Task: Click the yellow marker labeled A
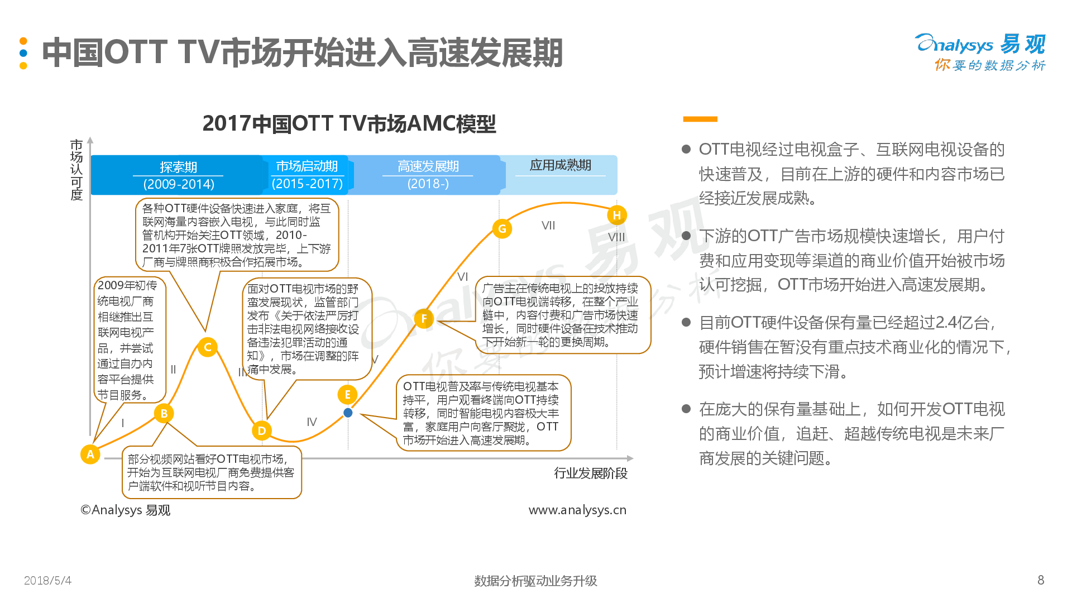(x=90, y=454)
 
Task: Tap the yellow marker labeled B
(x=164, y=413)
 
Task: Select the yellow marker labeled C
(x=208, y=347)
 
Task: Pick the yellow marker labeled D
(x=262, y=430)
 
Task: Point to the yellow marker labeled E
(x=347, y=395)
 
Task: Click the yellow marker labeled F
(x=424, y=319)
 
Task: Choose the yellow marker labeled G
(x=502, y=228)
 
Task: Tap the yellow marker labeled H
(x=617, y=215)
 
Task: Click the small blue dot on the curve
(x=348, y=413)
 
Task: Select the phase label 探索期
(x=178, y=167)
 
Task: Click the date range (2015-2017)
(x=307, y=184)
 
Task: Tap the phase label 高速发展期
(x=428, y=166)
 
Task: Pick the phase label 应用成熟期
(x=560, y=165)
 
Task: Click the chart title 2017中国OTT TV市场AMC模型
(x=349, y=123)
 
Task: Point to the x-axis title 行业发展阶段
(x=591, y=473)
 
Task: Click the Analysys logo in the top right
(x=980, y=52)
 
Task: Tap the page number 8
(x=1041, y=580)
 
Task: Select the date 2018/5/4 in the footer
(x=47, y=581)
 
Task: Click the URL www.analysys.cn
(x=577, y=510)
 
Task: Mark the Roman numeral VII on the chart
(x=548, y=226)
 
